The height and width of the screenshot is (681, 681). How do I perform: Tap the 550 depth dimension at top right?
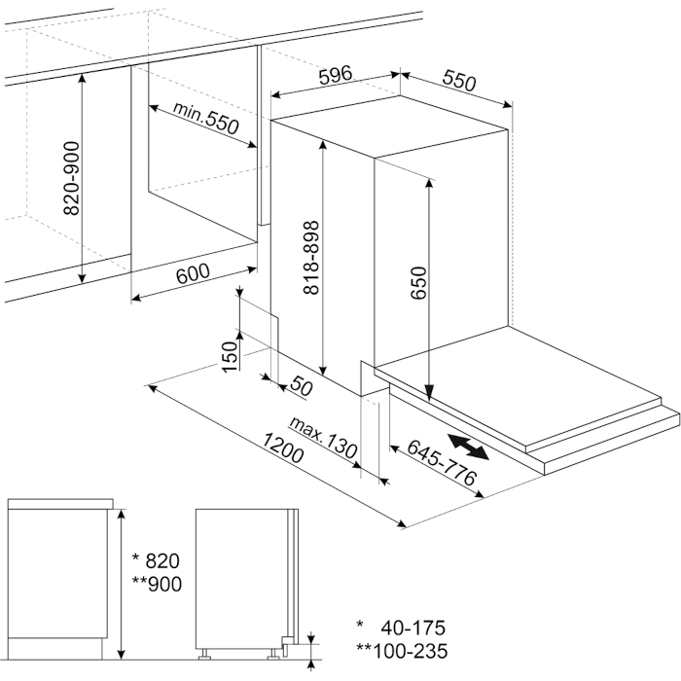(459, 82)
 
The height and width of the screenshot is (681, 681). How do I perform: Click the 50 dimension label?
(301, 388)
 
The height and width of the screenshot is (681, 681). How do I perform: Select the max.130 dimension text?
(325, 437)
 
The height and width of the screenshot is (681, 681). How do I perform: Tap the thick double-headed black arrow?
(472, 447)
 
